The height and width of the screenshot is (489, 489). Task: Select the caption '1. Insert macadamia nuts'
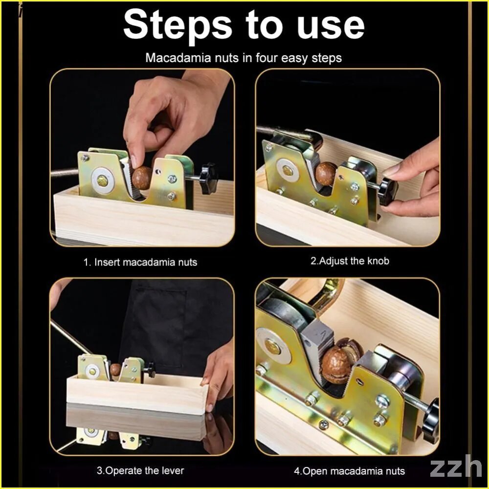pyautogui.click(x=140, y=262)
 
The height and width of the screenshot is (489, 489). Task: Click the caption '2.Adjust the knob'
pyautogui.click(x=350, y=261)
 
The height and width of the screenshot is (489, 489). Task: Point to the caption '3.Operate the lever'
pyautogui.click(x=140, y=470)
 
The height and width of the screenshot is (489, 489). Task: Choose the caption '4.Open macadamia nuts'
pyautogui.click(x=349, y=470)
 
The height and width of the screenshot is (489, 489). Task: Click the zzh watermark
pyautogui.click(x=456, y=467)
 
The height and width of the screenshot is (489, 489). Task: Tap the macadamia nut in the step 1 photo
pyautogui.click(x=142, y=178)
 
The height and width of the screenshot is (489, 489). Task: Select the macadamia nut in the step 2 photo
pyautogui.click(x=326, y=174)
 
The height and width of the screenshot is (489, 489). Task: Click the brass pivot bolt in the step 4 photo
pyautogui.click(x=272, y=346)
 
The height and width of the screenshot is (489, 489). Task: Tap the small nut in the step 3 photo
pyautogui.click(x=115, y=370)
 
